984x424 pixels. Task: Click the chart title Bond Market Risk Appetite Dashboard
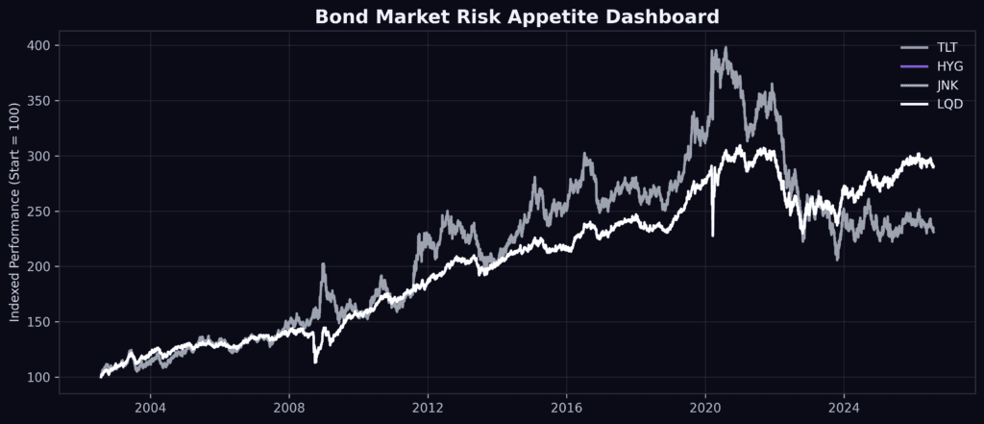coord(516,17)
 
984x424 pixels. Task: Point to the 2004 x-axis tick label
coord(151,406)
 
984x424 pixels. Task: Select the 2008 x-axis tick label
coord(289,406)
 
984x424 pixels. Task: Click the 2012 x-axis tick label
coord(428,406)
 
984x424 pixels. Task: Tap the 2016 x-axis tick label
coord(567,406)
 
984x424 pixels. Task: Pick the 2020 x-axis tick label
coord(705,406)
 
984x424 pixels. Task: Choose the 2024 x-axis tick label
coord(844,406)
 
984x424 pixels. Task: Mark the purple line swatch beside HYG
coord(914,66)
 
